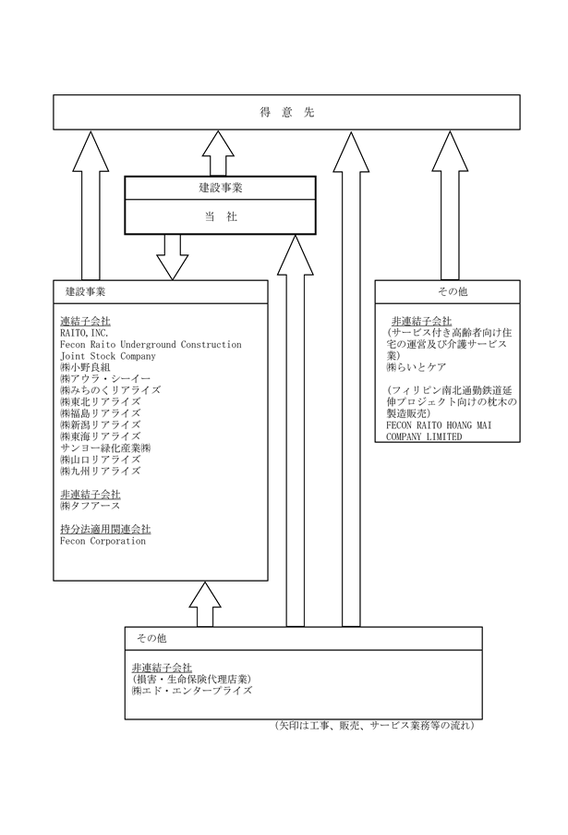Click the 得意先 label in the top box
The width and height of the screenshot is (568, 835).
pyautogui.click(x=286, y=113)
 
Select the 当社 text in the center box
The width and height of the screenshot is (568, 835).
pyautogui.click(x=221, y=216)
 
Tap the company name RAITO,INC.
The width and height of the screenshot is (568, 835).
pyautogui.click(x=84, y=333)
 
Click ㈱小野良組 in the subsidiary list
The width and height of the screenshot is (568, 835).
pyautogui.click(x=85, y=367)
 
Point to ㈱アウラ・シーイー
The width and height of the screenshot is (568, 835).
pyautogui.click(x=105, y=378)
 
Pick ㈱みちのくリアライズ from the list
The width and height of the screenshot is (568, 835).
pyautogui.click(x=110, y=390)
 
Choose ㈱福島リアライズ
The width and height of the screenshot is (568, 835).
pyautogui.click(x=101, y=413)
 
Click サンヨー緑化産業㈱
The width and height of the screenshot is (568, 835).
pyautogui.click(x=105, y=448)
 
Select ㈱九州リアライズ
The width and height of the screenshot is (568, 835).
pyautogui.click(x=101, y=471)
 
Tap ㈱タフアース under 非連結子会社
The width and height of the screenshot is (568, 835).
pyautogui.click(x=91, y=506)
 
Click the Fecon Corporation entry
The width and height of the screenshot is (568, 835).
pyautogui.click(x=103, y=541)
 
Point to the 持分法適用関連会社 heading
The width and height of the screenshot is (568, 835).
pyautogui.click(x=105, y=529)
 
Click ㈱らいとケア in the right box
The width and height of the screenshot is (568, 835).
pyautogui.click(x=417, y=367)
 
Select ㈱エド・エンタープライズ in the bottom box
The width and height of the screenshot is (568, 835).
pyautogui.click(x=192, y=691)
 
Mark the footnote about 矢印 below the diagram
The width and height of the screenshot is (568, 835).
pyautogui.click(x=374, y=725)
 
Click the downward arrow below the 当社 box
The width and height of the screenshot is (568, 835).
pyautogui.click(x=173, y=257)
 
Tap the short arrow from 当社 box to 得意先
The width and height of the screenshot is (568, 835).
pyautogui.click(x=218, y=153)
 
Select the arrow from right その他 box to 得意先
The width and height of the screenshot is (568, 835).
pyautogui.click(x=450, y=205)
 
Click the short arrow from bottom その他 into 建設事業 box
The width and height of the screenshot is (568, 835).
pyautogui.click(x=205, y=604)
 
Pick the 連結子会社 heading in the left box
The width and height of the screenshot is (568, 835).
pyautogui.click(x=85, y=321)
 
